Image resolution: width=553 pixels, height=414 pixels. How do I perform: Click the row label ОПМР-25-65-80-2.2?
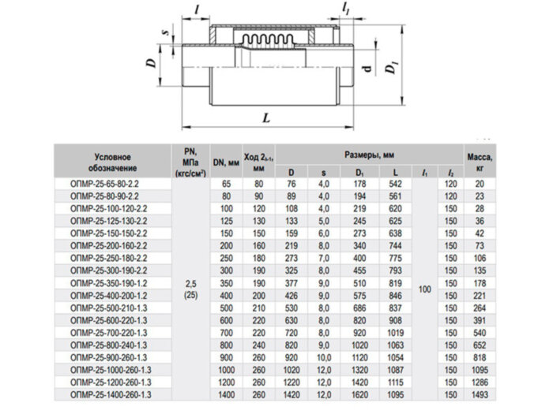[x=110, y=183]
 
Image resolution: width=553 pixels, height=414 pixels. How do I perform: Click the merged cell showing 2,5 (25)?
[x=189, y=287]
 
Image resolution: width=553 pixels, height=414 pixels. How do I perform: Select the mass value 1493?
[x=479, y=392]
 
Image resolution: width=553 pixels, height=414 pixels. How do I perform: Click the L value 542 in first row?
[x=396, y=183]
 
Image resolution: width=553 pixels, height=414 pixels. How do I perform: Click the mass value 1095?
[x=479, y=368]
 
